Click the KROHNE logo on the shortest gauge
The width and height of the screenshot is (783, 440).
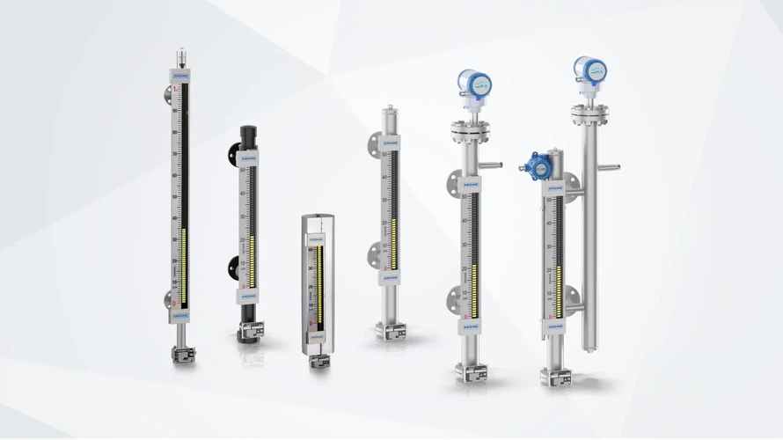(x=316, y=237)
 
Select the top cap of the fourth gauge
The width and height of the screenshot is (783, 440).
(x=390, y=116)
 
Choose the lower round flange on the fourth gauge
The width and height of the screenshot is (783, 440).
(x=377, y=256)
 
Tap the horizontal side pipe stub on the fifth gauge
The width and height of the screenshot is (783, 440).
(x=491, y=165)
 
